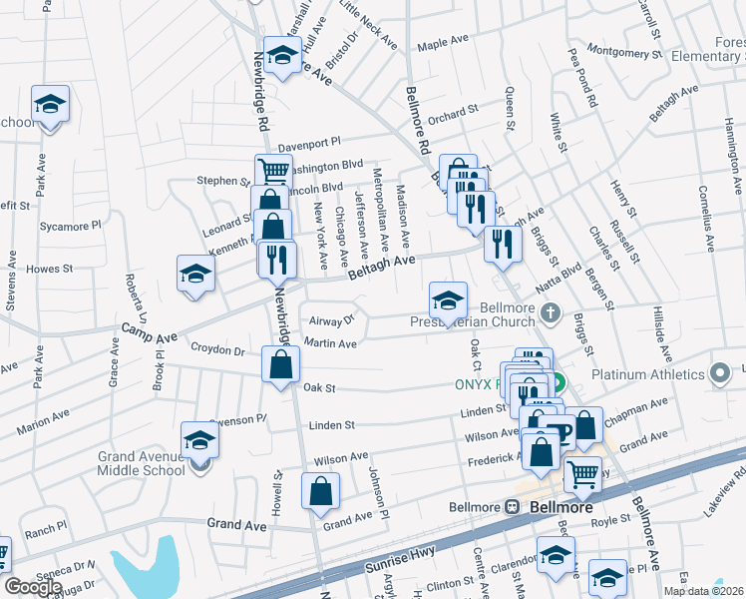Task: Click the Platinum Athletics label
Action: pyautogui.click(x=647, y=376)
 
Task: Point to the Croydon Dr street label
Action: pyautogui.click(x=218, y=350)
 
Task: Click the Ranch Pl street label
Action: pyautogui.click(x=47, y=526)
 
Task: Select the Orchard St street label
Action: pyautogui.click(x=447, y=118)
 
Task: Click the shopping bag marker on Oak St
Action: pyautogui.click(x=280, y=364)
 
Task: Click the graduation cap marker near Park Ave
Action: pyautogui.click(x=49, y=105)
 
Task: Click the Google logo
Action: pyautogui.click(x=33, y=587)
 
